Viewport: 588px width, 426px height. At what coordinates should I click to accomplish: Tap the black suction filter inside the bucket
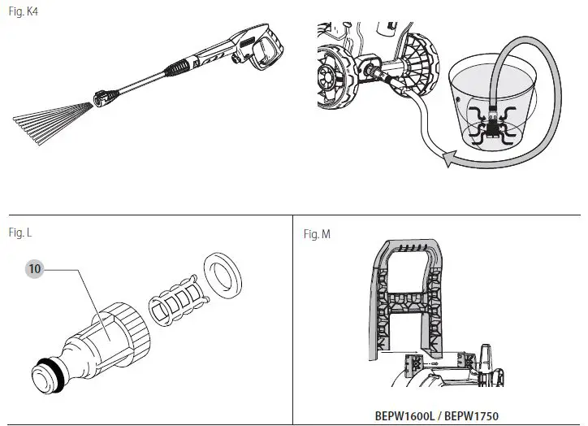coord(491,124)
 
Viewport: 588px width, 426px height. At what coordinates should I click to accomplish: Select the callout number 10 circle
coord(35,267)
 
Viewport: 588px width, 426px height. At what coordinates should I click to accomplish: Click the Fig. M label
coord(317,234)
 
